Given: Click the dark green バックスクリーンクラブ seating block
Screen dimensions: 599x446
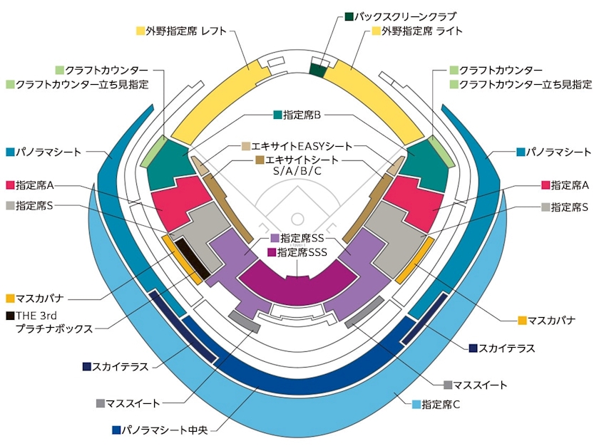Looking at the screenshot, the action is [x=317, y=71].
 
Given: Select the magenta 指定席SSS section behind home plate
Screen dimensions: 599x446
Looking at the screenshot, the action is [x=297, y=283].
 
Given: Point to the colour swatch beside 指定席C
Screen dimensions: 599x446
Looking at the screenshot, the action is [x=416, y=405].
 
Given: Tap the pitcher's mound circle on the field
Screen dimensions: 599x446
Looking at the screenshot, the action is [x=297, y=219].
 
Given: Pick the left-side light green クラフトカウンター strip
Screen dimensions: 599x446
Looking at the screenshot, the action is [x=153, y=151].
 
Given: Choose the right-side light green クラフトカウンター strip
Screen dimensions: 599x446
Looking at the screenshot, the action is [x=441, y=152].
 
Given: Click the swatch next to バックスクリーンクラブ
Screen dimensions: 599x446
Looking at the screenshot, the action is [x=349, y=17].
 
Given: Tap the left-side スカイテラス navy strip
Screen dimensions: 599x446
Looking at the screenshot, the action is [x=183, y=326].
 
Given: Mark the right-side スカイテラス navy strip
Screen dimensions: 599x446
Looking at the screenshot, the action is [x=424, y=318].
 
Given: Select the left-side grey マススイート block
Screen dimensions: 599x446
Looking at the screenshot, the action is [x=245, y=321].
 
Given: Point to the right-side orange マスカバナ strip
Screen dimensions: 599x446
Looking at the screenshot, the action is [x=414, y=260].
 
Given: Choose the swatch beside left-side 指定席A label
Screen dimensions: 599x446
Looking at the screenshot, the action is [x=10, y=185].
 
